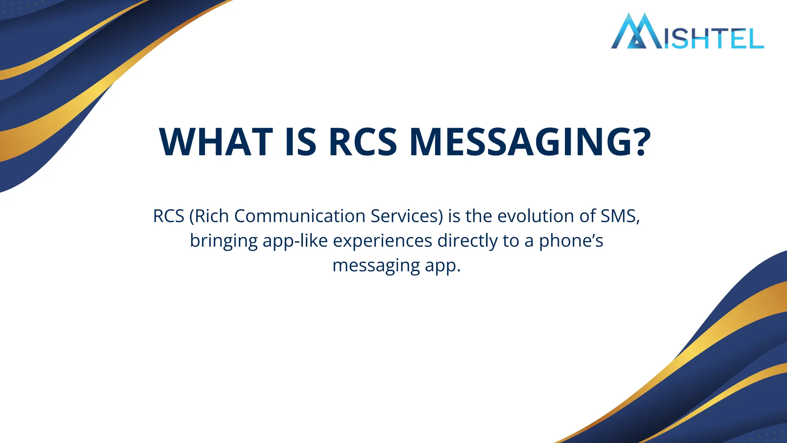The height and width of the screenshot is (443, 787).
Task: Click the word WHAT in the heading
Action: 216,142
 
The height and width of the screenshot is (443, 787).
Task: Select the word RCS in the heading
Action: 363,142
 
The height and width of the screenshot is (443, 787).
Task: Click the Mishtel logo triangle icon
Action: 636,33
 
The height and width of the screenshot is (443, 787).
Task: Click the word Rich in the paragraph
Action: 213,216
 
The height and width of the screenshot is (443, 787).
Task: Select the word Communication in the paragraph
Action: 300,216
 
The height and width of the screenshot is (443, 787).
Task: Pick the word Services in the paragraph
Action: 407,216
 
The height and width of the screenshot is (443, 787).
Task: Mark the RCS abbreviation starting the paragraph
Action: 169,216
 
